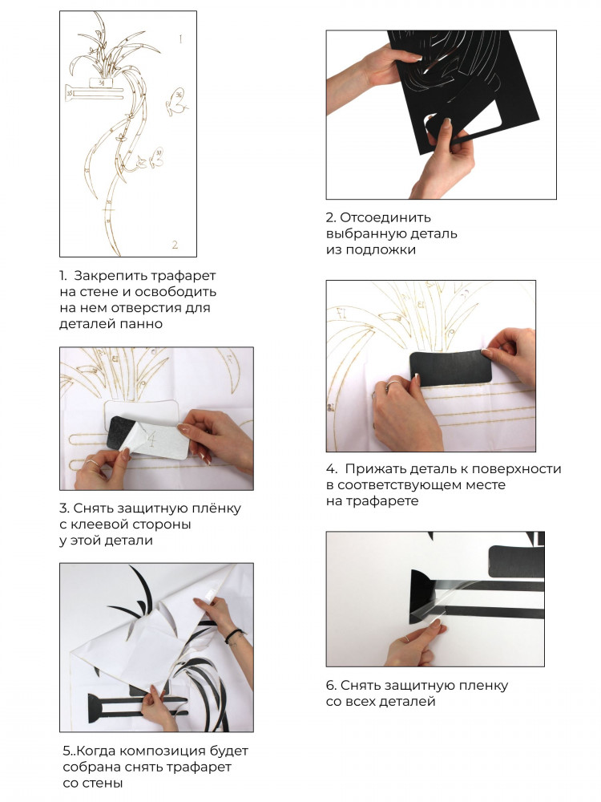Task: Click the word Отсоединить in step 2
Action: pyautogui.click(x=385, y=218)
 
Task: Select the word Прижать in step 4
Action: pyautogui.click(x=369, y=469)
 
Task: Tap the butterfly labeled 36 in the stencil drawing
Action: pyautogui.click(x=176, y=103)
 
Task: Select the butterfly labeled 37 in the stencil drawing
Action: pyautogui.click(x=155, y=158)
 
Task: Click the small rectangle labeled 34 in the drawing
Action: pyautogui.click(x=101, y=82)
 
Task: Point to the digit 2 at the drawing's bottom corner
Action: pyautogui.click(x=175, y=245)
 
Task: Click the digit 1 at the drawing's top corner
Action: pyautogui.click(x=180, y=38)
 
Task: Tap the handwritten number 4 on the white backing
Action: pyautogui.click(x=151, y=438)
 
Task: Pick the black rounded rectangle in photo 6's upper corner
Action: pyautogui.click(x=516, y=561)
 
